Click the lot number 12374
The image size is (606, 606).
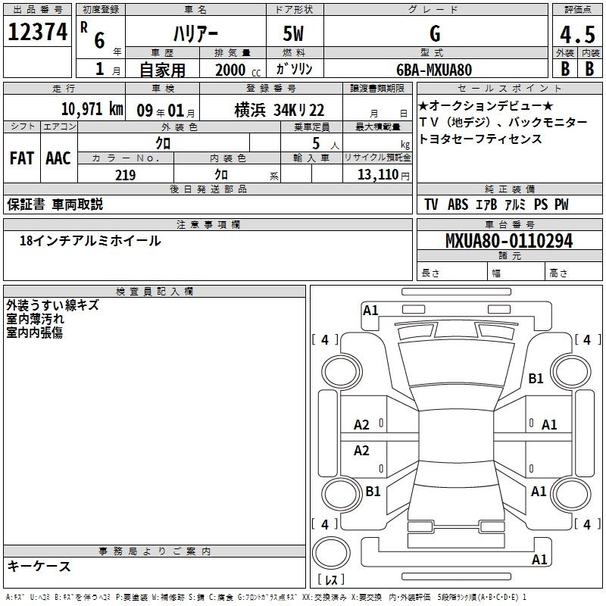37,32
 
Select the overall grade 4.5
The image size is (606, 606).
577,34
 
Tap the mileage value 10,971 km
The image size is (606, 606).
92,109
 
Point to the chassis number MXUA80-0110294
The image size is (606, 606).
509,241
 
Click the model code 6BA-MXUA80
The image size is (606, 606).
434,70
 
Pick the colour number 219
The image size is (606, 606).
125,175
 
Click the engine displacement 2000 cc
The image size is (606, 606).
238,70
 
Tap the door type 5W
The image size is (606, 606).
293,33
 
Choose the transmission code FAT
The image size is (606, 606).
22,158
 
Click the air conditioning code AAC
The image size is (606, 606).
58,158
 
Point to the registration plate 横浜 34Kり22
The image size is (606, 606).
280,110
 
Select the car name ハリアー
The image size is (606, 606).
195,34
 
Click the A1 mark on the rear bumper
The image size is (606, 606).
539,559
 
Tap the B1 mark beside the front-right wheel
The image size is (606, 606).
536,378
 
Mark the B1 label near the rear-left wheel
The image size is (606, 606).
373,491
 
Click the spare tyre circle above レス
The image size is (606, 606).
331,553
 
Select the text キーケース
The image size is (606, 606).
39,566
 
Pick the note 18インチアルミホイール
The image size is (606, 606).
90,241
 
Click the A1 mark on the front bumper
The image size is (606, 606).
370,311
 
